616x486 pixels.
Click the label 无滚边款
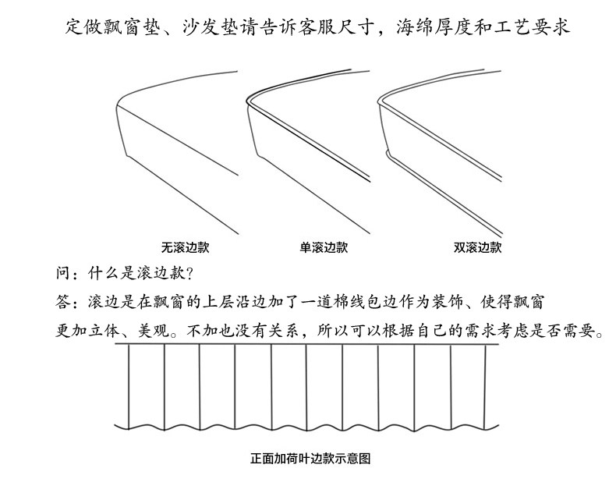point(185,248)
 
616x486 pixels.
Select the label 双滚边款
point(477,248)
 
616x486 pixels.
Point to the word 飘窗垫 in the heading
point(133,27)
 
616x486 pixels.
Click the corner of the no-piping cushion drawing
point(117,104)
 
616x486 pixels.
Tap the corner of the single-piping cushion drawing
point(248,101)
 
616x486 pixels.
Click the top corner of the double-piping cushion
point(380,101)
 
